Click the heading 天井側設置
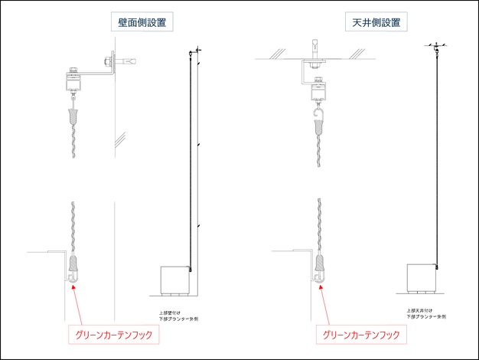point(375,23)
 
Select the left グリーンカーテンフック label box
point(114,335)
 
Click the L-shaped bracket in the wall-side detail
point(99,74)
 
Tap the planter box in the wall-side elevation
point(174,280)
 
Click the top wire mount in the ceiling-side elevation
point(434,49)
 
